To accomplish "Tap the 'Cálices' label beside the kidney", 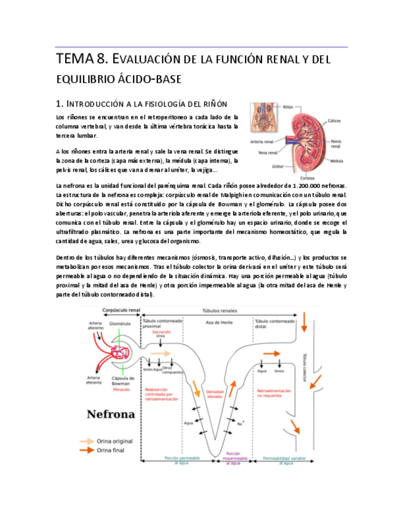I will [335, 121].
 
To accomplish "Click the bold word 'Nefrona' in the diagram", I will [111, 414].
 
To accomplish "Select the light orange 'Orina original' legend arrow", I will [86, 441].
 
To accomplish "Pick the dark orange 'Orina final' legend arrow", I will [86, 451].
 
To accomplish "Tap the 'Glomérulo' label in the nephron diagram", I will [120, 323].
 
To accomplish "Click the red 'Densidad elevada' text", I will [215, 394].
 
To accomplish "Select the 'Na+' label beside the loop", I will [241, 423].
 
